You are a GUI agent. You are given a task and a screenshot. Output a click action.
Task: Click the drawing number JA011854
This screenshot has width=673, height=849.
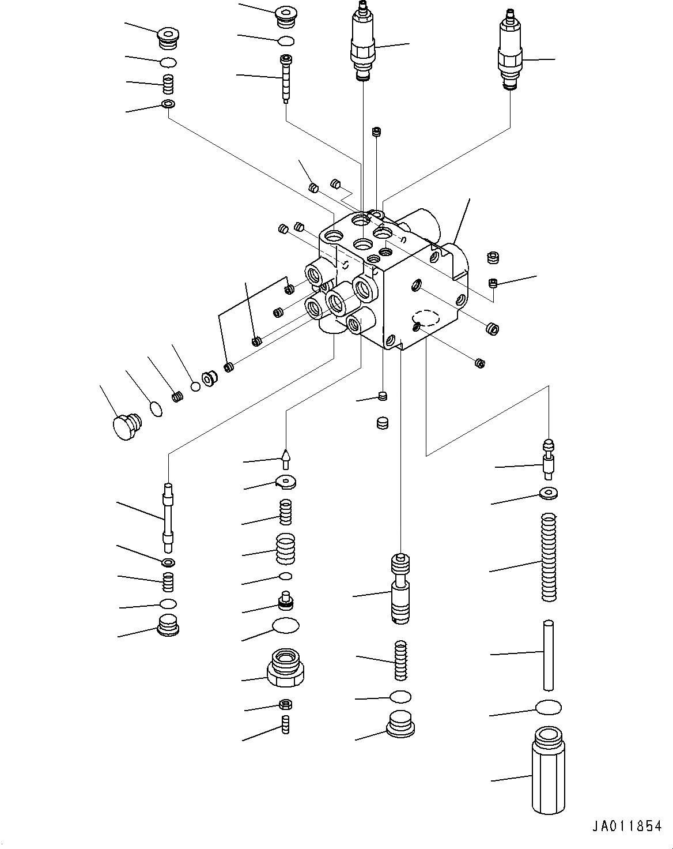click(x=626, y=827)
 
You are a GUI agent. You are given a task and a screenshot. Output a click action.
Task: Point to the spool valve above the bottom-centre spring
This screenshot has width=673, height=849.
click(x=400, y=588)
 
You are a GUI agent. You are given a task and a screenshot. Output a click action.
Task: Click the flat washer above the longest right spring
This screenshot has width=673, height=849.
click(x=549, y=493)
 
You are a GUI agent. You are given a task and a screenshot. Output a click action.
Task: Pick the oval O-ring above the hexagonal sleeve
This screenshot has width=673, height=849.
click(x=548, y=708)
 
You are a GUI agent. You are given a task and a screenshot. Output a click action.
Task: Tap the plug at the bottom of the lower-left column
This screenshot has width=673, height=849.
click(x=167, y=625)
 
